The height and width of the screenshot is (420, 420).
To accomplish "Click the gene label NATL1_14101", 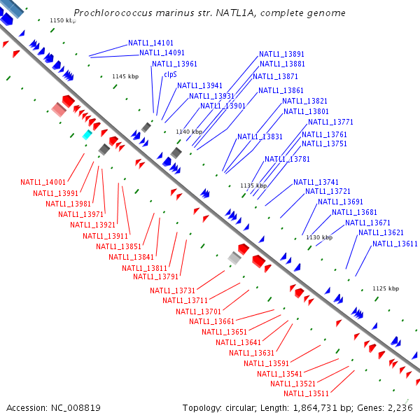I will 151,43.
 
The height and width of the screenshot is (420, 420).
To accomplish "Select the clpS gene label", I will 170,74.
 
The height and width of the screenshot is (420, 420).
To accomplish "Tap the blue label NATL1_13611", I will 395,244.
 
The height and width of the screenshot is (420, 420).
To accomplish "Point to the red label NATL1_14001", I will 43,182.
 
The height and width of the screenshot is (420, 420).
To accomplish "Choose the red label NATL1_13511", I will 307,393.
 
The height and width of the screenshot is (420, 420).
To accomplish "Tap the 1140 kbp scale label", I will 189,132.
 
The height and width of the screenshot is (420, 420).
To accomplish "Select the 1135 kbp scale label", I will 253,185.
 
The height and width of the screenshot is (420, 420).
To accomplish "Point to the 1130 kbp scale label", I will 318,237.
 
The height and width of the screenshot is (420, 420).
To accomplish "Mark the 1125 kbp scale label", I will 385,288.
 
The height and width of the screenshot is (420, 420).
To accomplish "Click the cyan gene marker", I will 87,134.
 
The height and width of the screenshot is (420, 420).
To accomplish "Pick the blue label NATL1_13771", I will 330,122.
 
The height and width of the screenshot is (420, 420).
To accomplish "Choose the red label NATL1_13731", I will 172,290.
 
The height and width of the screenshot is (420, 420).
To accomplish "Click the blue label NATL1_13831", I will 260,136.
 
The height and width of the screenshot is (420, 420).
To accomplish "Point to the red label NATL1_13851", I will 118,246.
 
